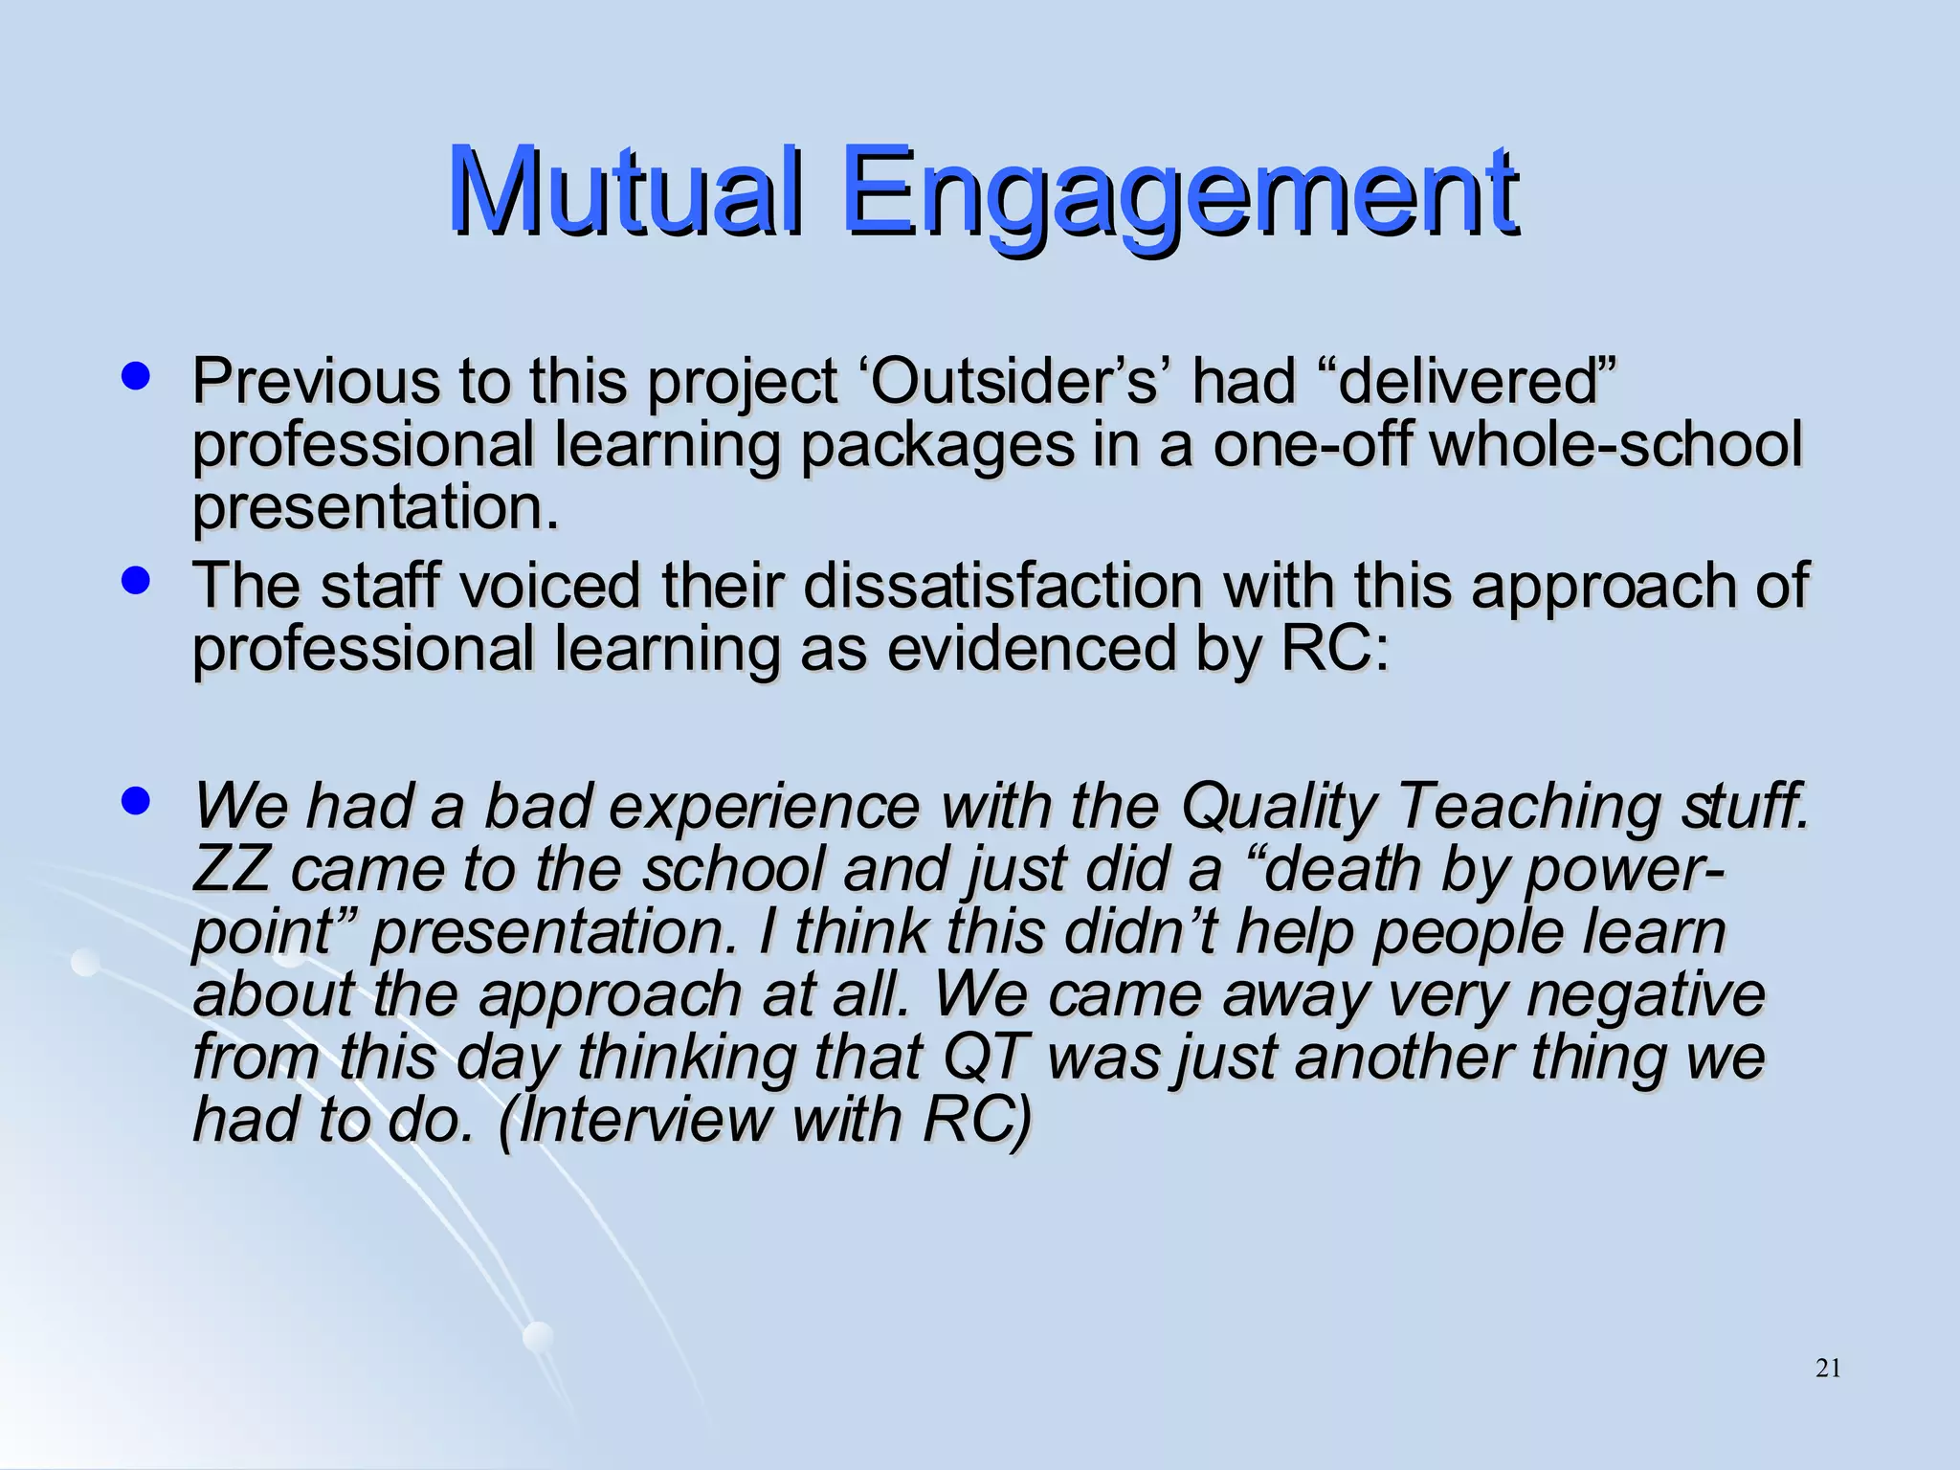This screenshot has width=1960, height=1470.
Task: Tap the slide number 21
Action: click(1827, 1369)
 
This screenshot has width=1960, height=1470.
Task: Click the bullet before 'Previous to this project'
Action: click(137, 375)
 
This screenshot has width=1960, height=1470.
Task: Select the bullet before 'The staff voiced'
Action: click(137, 581)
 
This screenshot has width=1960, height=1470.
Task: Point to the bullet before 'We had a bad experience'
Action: click(137, 800)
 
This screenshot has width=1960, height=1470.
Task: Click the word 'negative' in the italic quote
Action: click(1645, 995)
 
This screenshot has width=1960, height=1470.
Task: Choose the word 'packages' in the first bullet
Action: click(937, 447)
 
